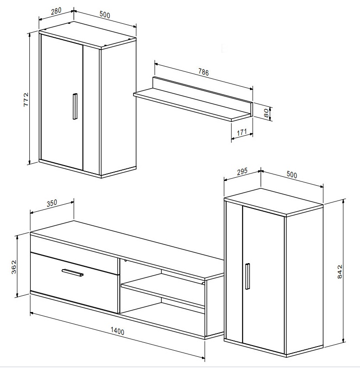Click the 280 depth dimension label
tap(56, 11)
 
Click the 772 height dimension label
tap(26, 99)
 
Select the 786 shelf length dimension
tap(203, 72)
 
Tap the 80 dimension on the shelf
tap(266, 113)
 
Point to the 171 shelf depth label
tap(242, 132)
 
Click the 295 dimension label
tap(242, 172)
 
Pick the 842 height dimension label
tap(339, 271)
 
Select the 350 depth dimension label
tap(52, 203)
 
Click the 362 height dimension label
tap(14, 267)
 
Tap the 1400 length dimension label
tap(118, 331)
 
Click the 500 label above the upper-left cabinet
tap(104, 15)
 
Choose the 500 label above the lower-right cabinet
tap(292, 175)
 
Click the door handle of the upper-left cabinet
tap(75, 106)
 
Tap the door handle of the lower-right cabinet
tap(247, 276)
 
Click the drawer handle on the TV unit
tap(73, 273)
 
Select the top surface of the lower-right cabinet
tap(273, 202)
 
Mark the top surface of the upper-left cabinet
tap(87, 35)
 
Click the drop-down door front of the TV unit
tap(74, 282)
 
